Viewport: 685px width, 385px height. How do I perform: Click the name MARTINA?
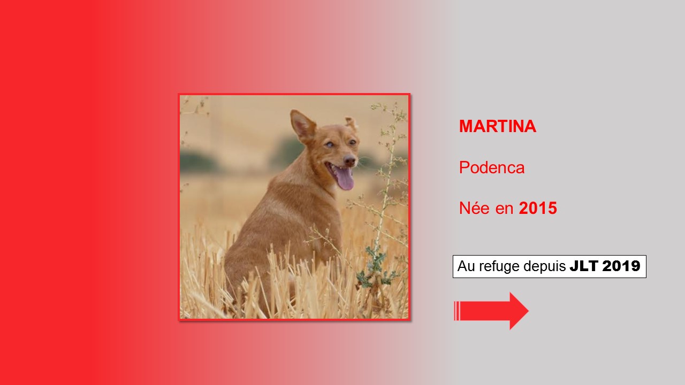(x=498, y=126)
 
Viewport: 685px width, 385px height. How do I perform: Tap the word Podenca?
(x=492, y=167)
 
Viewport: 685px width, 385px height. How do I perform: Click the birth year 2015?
(x=538, y=208)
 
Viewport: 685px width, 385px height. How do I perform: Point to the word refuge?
(x=499, y=266)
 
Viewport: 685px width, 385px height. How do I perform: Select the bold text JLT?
(x=584, y=266)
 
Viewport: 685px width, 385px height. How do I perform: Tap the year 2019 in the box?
(x=621, y=266)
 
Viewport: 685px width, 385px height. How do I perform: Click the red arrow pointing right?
(x=491, y=311)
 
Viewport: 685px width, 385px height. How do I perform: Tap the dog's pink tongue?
(x=345, y=179)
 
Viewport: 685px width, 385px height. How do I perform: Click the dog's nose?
(x=349, y=159)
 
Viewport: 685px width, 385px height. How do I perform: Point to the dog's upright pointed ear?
(x=302, y=125)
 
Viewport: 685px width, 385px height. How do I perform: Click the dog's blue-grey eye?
(x=329, y=144)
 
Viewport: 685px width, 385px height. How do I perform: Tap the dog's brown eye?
(x=353, y=142)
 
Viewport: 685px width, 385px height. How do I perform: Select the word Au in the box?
(x=466, y=266)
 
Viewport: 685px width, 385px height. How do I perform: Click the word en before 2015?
(x=504, y=209)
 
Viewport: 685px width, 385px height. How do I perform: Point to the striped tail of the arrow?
(x=457, y=311)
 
